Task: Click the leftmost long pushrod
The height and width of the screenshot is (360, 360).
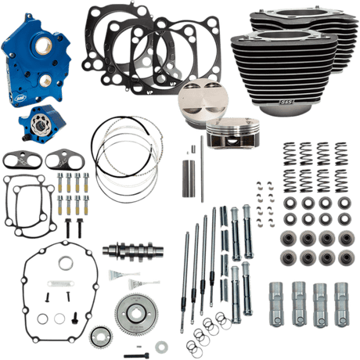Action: (x=188, y=258)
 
